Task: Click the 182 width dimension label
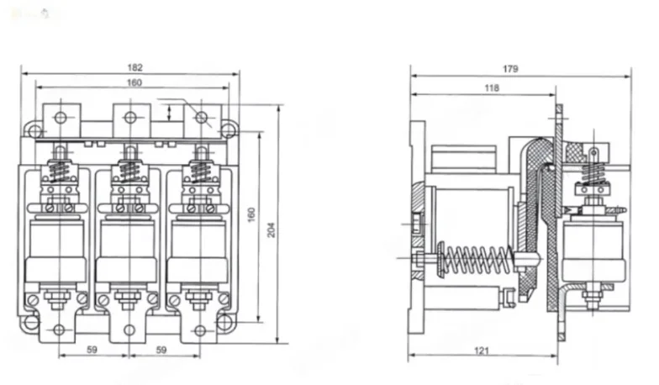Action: tap(135, 67)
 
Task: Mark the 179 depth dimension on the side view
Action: tap(510, 68)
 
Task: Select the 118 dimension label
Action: tap(492, 87)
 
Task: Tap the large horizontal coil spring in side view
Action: tap(476, 259)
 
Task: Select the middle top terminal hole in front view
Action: tap(129, 117)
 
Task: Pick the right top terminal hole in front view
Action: tap(201, 117)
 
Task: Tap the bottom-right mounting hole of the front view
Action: tap(224, 321)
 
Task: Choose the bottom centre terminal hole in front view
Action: tap(129, 330)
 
